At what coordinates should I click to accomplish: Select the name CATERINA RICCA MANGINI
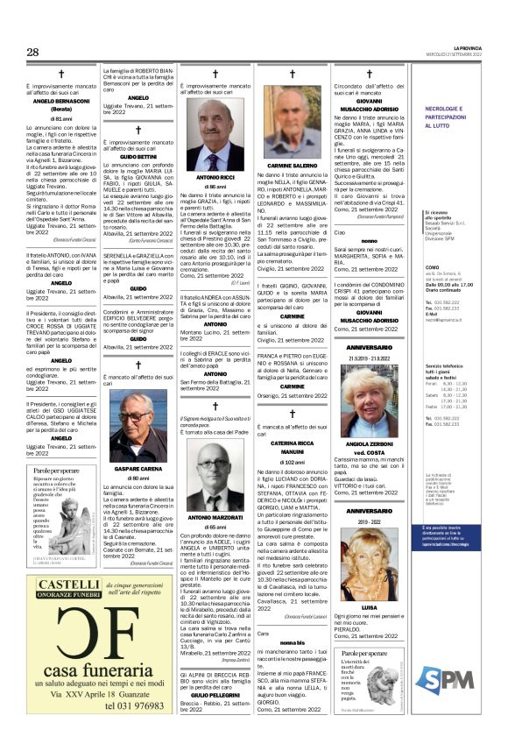[x=292, y=449]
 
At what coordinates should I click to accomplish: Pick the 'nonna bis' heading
[x=292, y=642]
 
